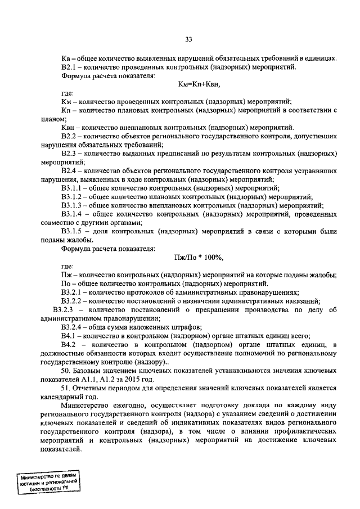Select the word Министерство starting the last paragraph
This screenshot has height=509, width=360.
[85, 405]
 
